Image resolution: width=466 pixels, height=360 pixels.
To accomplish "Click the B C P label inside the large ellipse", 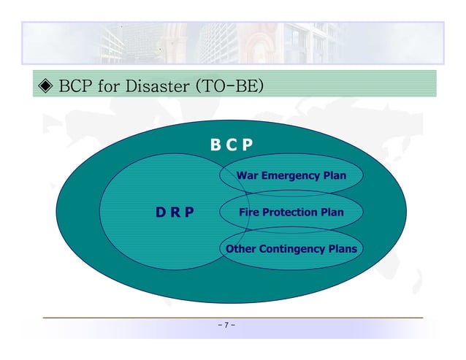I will pos(232,145).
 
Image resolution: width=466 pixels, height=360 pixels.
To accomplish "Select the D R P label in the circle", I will pos(175,212).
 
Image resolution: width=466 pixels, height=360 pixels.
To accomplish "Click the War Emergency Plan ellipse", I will pos(291,176).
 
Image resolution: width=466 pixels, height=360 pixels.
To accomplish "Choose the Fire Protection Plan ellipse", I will pos(291,212).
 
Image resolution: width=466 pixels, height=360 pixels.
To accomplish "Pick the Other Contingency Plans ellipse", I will pos(291,249).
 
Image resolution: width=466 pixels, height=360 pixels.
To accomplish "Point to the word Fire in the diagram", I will pos(250,212).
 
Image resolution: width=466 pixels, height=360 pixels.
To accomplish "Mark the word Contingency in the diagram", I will pos(291,249).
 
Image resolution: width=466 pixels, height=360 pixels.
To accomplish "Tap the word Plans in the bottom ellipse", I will pos(343,249).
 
